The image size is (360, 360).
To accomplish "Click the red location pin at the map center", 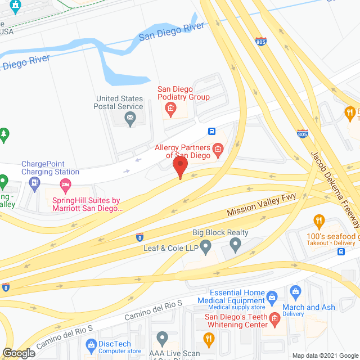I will (180, 166).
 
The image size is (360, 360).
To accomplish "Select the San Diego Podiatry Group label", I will (175, 93).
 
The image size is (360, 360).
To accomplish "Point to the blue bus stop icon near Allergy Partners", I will (212, 132).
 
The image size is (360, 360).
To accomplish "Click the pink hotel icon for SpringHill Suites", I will (65, 184).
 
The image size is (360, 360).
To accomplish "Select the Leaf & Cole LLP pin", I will (206, 245).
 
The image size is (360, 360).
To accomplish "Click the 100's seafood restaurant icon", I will (319, 221).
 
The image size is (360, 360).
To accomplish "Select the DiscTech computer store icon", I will (90, 344).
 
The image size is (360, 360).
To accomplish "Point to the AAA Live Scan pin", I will (162, 339).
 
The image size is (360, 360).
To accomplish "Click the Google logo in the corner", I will (18, 353).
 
